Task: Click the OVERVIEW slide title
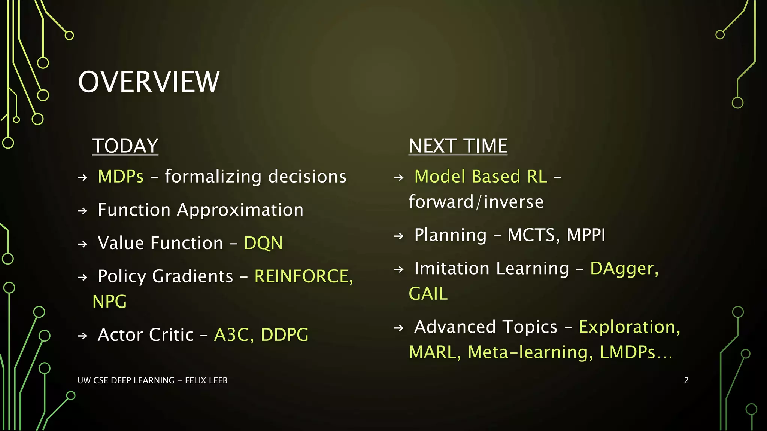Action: click(149, 82)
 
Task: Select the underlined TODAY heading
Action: click(125, 146)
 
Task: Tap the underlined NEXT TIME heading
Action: click(458, 146)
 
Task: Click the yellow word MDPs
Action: click(121, 177)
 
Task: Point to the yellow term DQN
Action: click(263, 243)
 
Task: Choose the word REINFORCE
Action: click(303, 276)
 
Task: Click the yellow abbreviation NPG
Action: click(109, 302)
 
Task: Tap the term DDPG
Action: click(284, 335)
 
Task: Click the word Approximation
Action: click(240, 210)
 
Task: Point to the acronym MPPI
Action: click(586, 235)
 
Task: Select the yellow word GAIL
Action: click(428, 294)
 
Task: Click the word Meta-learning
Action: click(530, 352)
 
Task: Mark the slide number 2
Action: click(686, 380)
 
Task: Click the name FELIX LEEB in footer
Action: click(206, 380)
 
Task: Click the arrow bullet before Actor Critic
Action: click(82, 336)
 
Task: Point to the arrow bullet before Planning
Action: click(399, 236)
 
